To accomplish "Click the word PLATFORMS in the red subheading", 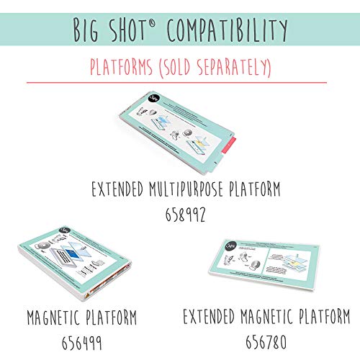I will pyautogui.click(x=124, y=68).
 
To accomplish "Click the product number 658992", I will pyautogui.click(x=180, y=214).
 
